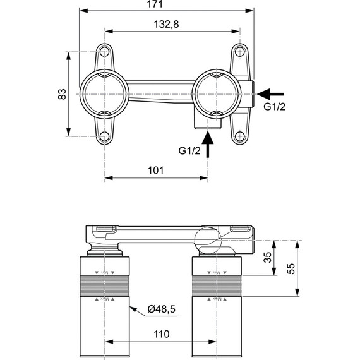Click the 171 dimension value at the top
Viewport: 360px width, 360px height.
coord(155,5)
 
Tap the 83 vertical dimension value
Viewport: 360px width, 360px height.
coord(62,93)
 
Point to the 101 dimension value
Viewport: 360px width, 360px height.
coord(155,170)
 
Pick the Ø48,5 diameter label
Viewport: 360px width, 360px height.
coord(162,308)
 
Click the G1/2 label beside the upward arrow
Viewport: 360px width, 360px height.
coord(189,150)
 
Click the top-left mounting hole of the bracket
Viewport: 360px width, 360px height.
coord(104,51)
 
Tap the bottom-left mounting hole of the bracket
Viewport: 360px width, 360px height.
coord(104,136)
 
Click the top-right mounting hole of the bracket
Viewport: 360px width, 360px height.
coord(239,51)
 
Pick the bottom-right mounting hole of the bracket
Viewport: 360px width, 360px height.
coord(239,136)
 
